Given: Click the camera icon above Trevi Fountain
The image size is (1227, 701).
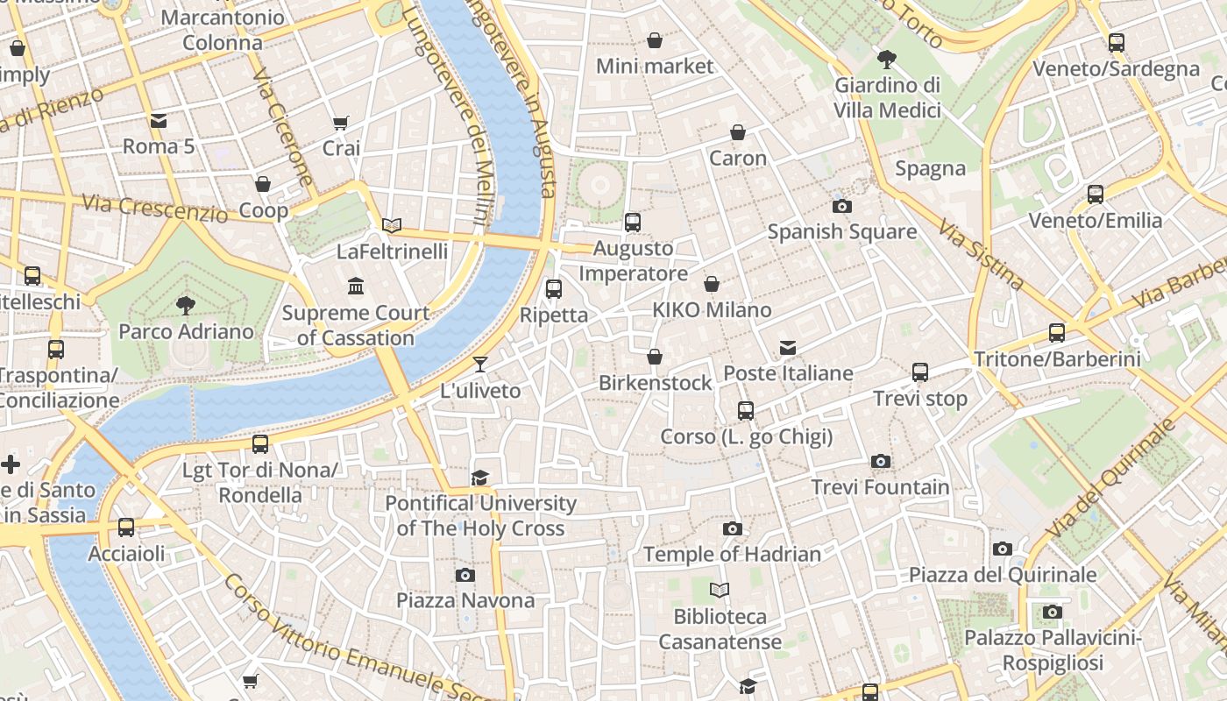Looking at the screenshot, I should pyautogui.click(x=881, y=462).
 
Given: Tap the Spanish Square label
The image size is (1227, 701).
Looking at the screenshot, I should pyautogui.click(x=842, y=232).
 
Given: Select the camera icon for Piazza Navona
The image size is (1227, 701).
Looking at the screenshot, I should pyautogui.click(x=465, y=576).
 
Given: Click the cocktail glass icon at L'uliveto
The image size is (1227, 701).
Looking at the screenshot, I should pyautogui.click(x=480, y=365).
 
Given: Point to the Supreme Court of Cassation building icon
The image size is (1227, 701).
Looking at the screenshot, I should pyautogui.click(x=356, y=287).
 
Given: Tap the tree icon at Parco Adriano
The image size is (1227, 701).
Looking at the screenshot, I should pyautogui.click(x=185, y=305).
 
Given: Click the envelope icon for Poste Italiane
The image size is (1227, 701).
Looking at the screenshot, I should pyautogui.click(x=788, y=348).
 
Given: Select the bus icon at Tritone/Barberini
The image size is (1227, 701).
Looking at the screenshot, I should pyautogui.click(x=1057, y=333).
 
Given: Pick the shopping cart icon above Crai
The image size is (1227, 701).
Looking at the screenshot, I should pyautogui.click(x=341, y=124).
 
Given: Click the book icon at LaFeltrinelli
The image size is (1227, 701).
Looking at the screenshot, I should pyautogui.click(x=392, y=226).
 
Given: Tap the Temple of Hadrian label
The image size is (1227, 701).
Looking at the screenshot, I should pyautogui.click(x=732, y=554).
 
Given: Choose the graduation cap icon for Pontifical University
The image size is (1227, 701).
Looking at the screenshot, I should pyautogui.click(x=479, y=478).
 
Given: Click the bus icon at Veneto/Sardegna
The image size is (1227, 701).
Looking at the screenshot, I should pyautogui.click(x=1116, y=43).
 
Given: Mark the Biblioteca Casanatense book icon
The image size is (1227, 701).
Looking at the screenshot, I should pyautogui.click(x=720, y=591).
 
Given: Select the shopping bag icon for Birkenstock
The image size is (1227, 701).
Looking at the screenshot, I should pyautogui.click(x=655, y=358).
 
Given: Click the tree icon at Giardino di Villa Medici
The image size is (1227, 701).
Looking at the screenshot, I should pyautogui.click(x=887, y=60).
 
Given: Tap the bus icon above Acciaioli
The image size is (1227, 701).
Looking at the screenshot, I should pyautogui.click(x=126, y=528).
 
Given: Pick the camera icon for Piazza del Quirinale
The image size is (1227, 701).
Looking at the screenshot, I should pyautogui.click(x=1003, y=549).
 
